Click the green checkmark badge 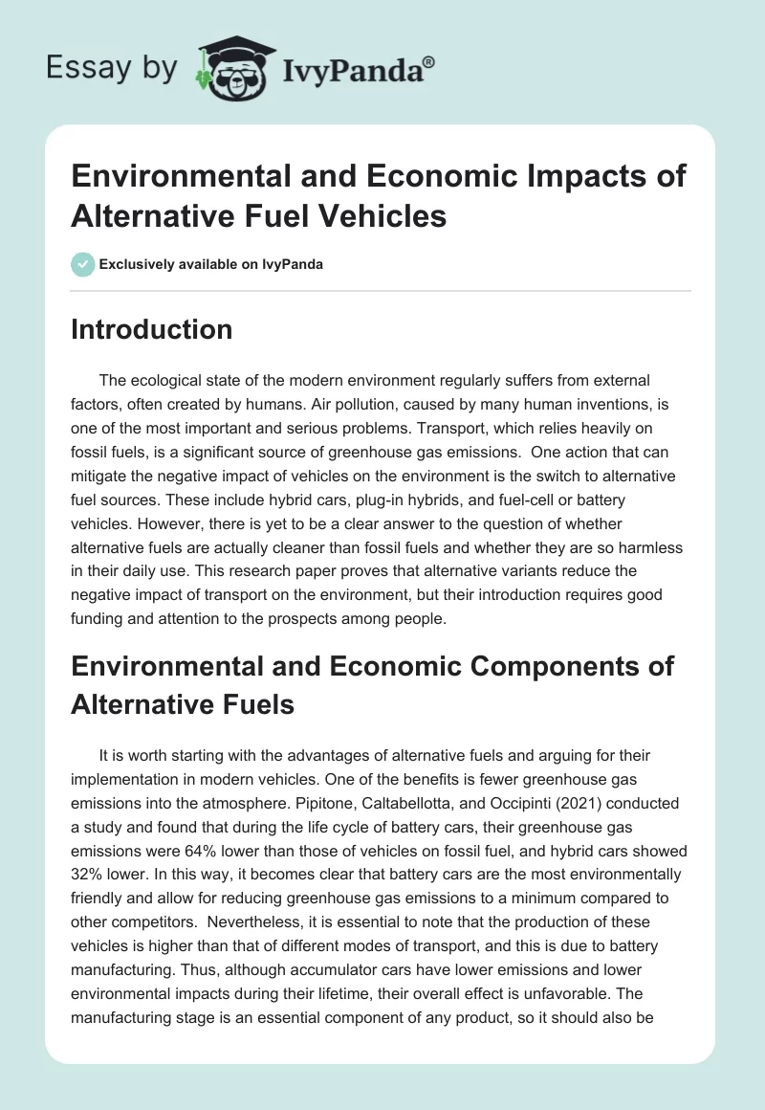83,264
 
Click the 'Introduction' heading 151,329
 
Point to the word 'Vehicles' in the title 389,215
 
